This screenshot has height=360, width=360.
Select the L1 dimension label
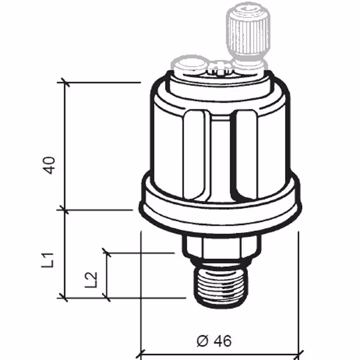(x=51, y=260)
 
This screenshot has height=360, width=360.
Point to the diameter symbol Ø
(x=202, y=341)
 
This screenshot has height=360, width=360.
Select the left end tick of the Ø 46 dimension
(x=140, y=353)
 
